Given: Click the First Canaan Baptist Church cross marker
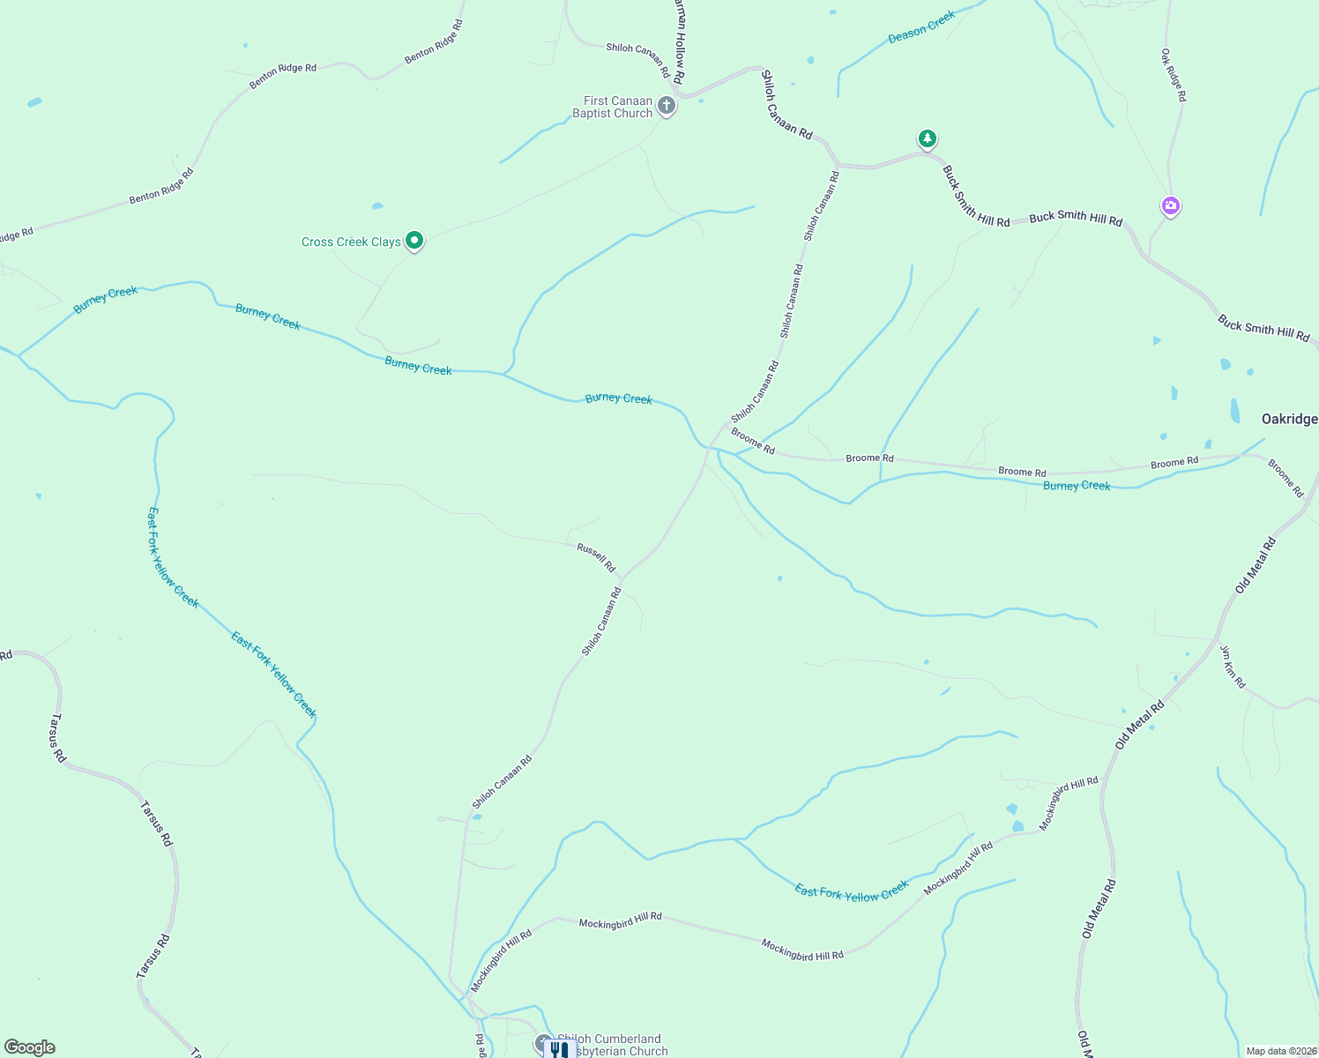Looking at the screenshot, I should point(667,107).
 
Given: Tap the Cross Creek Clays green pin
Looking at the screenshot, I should point(414,240).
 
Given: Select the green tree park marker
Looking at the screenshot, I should point(927,138).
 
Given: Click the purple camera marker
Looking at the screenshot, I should point(1170,206).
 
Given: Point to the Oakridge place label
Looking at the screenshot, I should point(1289,419).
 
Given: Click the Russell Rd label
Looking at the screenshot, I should point(596,557).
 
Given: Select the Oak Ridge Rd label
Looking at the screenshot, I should point(1174,75).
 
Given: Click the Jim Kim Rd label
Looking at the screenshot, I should point(1233,667).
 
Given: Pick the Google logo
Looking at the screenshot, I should point(29,1047).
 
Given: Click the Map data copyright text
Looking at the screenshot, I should point(1281,1051).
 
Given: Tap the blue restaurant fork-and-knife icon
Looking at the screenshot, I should point(559,1049).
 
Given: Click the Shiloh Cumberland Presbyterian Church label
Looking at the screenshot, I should point(613,1045).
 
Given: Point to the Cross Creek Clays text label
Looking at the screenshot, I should point(351,242).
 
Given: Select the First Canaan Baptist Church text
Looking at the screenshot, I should point(613,107).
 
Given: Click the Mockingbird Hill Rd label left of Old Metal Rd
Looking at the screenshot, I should point(1069,803).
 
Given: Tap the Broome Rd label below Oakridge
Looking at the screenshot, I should point(1285,478).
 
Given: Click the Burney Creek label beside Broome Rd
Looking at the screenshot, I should point(1077,486).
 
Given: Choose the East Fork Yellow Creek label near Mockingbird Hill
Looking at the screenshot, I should point(851,892).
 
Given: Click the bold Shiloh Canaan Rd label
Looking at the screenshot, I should point(786,105).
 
